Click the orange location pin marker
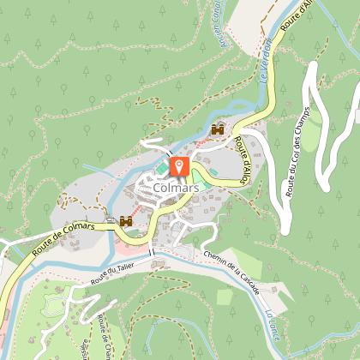(179, 165)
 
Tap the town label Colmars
(178, 185)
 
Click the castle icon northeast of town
(217, 130)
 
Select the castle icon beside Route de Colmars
(126, 220)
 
